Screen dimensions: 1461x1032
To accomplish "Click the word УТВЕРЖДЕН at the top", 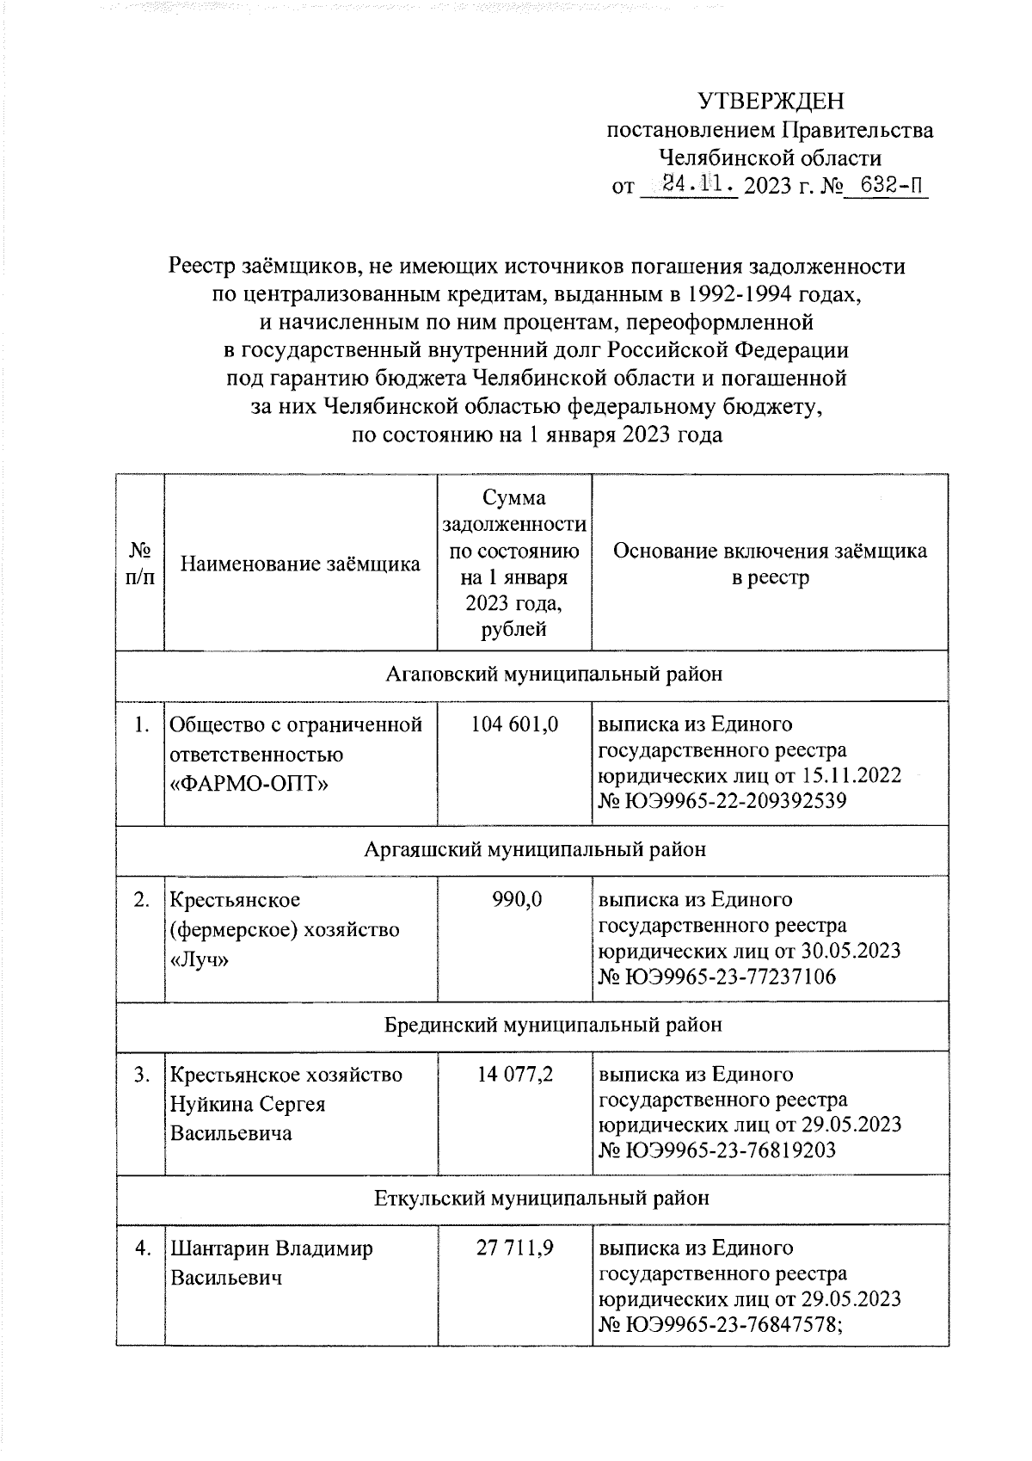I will tap(771, 102).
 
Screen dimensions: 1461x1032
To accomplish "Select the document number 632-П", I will tap(887, 184).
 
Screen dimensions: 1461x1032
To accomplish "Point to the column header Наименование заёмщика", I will tap(300, 564).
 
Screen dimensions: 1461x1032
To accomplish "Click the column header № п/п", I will tap(140, 564).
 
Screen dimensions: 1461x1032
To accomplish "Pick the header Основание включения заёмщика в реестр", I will tap(770, 564).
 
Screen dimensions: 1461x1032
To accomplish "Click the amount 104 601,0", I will tap(514, 724).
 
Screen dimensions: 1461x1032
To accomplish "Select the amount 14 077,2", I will tap(515, 1075).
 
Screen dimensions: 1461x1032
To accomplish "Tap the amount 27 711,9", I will tap(514, 1248).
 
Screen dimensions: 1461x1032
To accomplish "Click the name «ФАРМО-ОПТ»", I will tap(250, 784).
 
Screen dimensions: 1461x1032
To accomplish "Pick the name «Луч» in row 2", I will tap(200, 959).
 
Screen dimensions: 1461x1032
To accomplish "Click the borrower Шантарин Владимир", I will tap(272, 1248).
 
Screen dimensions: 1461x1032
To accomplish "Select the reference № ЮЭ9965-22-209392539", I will tap(722, 801).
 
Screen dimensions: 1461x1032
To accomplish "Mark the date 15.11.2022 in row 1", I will tap(851, 775).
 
